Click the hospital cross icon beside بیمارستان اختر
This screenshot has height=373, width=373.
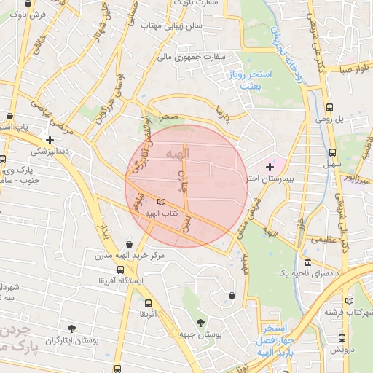270,167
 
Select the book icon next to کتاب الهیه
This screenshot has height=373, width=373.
161,201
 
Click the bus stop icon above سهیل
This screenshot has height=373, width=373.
333,153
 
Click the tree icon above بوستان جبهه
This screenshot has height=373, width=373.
200,322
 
